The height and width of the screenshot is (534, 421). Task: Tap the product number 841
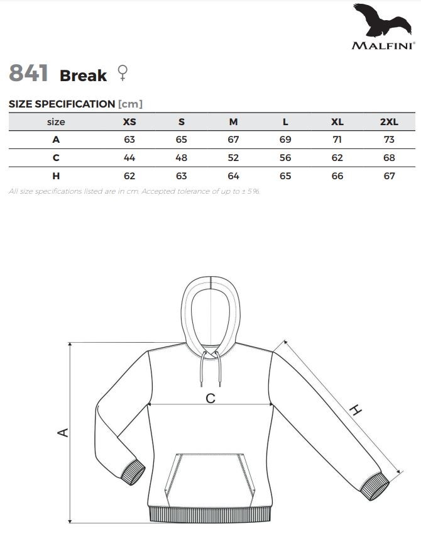click(x=29, y=74)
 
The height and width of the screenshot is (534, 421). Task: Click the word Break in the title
click(x=83, y=75)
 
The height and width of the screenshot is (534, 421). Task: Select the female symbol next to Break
click(x=121, y=74)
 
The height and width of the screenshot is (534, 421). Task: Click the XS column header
click(x=129, y=122)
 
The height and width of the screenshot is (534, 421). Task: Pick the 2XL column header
click(x=389, y=122)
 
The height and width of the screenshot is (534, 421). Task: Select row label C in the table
click(x=56, y=158)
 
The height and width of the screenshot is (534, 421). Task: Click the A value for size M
click(x=233, y=140)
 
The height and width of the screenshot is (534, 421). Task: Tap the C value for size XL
click(x=337, y=158)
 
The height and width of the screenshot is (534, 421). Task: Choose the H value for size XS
click(x=129, y=176)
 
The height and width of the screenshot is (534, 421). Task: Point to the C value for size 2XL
click(x=389, y=158)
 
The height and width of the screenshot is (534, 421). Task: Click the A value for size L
click(x=285, y=140)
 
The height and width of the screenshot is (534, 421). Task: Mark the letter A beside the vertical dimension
click(x=62, y=433)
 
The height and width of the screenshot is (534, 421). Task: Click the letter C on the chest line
click(x=210, y=398)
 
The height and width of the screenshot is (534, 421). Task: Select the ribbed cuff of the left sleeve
click(x=134, y=472)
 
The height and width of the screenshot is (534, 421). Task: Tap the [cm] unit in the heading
click(x=130, y=104)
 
